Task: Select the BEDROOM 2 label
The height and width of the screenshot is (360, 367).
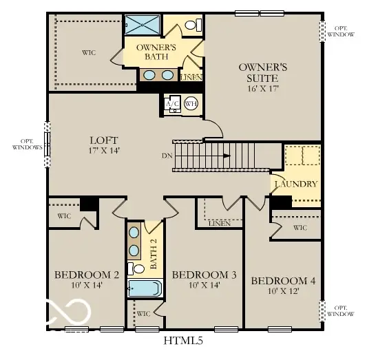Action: (87, 275)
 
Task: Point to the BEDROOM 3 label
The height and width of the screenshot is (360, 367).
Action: (204, 275)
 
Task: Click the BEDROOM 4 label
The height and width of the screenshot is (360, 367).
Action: (283, 281)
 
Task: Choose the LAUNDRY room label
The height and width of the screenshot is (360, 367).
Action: (295, 184)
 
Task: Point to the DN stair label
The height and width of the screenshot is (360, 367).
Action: (167, 156)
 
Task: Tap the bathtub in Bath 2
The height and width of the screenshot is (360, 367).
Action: (145, 288)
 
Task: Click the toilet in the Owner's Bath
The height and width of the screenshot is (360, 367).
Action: (193, 25)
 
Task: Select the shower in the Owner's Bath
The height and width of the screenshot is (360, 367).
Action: (143, 23)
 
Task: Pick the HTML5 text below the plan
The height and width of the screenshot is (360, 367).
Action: (182, 340)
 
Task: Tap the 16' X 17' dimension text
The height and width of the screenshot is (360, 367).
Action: (262, 87)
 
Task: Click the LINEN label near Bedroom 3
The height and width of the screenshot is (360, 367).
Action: (218, 223)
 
